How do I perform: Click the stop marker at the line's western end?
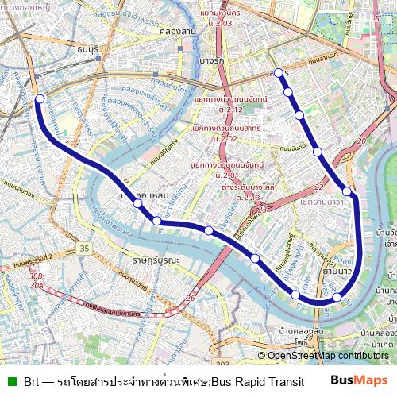[x=40, y=99]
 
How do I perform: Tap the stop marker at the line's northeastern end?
[x=278, y=73]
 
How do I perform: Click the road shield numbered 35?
[x=84, y=249]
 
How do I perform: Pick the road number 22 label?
[x=318, y=187]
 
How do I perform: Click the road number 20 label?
[x=361, y=141]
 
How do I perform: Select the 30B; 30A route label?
[x=37, y=280]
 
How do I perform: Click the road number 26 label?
[x=190, y=299]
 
